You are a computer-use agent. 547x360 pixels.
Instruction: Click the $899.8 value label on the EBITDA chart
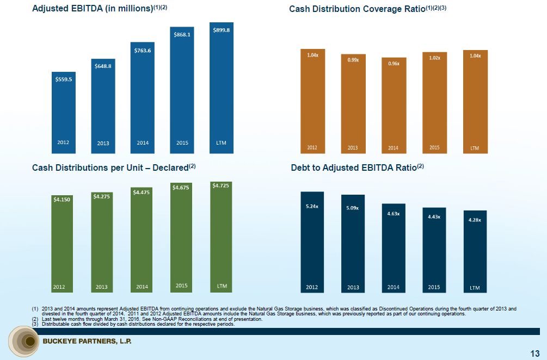[x=222, y=30]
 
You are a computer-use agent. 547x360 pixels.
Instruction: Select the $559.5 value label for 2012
[x=64, y=79]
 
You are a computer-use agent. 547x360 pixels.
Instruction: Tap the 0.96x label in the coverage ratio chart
[x=394, y=64]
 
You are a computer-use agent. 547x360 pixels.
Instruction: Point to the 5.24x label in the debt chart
[x=312, y=207]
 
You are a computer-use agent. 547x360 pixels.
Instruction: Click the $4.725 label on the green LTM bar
[x=222, y=186]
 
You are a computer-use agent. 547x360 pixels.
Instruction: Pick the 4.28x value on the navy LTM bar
[x=475, y=220]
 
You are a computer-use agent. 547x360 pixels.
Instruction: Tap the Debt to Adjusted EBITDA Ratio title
[x=357, y=167]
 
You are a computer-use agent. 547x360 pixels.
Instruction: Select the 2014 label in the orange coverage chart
[x=394, y=148]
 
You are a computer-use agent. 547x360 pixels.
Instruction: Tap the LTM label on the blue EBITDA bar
[x=221, y=143]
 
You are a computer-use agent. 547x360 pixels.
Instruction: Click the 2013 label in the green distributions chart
[x=102, y=286]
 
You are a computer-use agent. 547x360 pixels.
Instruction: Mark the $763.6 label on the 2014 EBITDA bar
[x=143, y=51]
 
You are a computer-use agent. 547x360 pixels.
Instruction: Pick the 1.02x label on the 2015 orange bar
[x=434, y=58]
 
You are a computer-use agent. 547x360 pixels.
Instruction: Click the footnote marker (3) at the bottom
[x=35, y=325]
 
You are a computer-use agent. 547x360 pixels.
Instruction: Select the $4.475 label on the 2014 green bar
[x=142, y=192]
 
